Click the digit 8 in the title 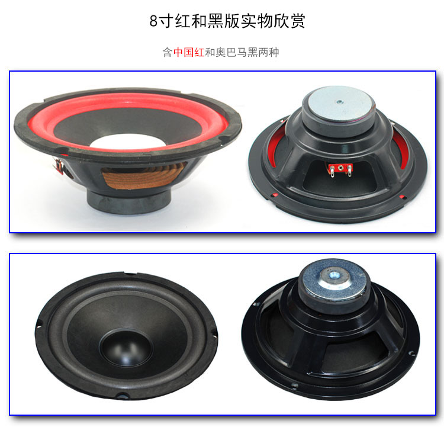pos(153,21)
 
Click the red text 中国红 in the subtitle pos(189,52)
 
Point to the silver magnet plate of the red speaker pos(340,102)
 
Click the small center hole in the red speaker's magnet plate pos(339,102)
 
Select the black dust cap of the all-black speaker pos(126,348)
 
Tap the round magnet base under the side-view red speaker pos(130,201)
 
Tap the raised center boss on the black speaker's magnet pos(334,275)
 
